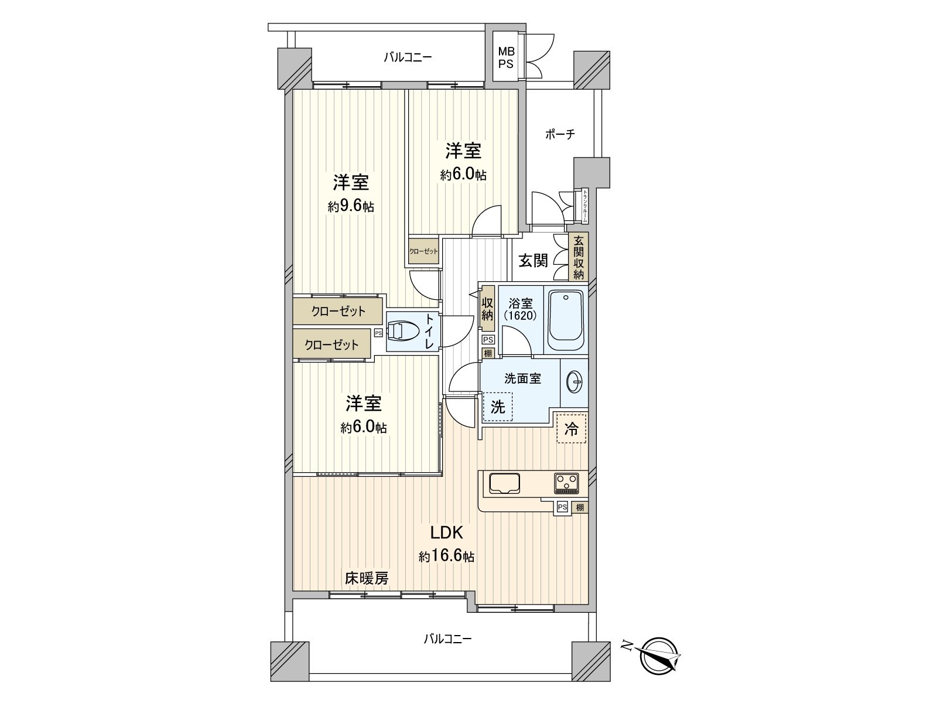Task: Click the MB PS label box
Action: [x=505, y=57]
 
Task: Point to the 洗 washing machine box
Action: [x=498, y=407]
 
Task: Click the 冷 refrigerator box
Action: [x=571, y=429]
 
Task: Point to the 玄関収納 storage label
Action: [x=579, y=257]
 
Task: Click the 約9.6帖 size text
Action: [x=351, y=207]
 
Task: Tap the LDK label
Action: [x=447, y=533]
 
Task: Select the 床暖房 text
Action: [x=366, y=579]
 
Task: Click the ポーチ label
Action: [x=560, y=135]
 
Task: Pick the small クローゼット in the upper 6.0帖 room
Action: [x=423, y=251]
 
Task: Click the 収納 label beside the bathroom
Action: [x=487, y=309]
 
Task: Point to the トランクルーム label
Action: [x=585, y=206]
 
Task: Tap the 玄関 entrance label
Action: [x=533, y=261]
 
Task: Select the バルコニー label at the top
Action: [x=408, y=57]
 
